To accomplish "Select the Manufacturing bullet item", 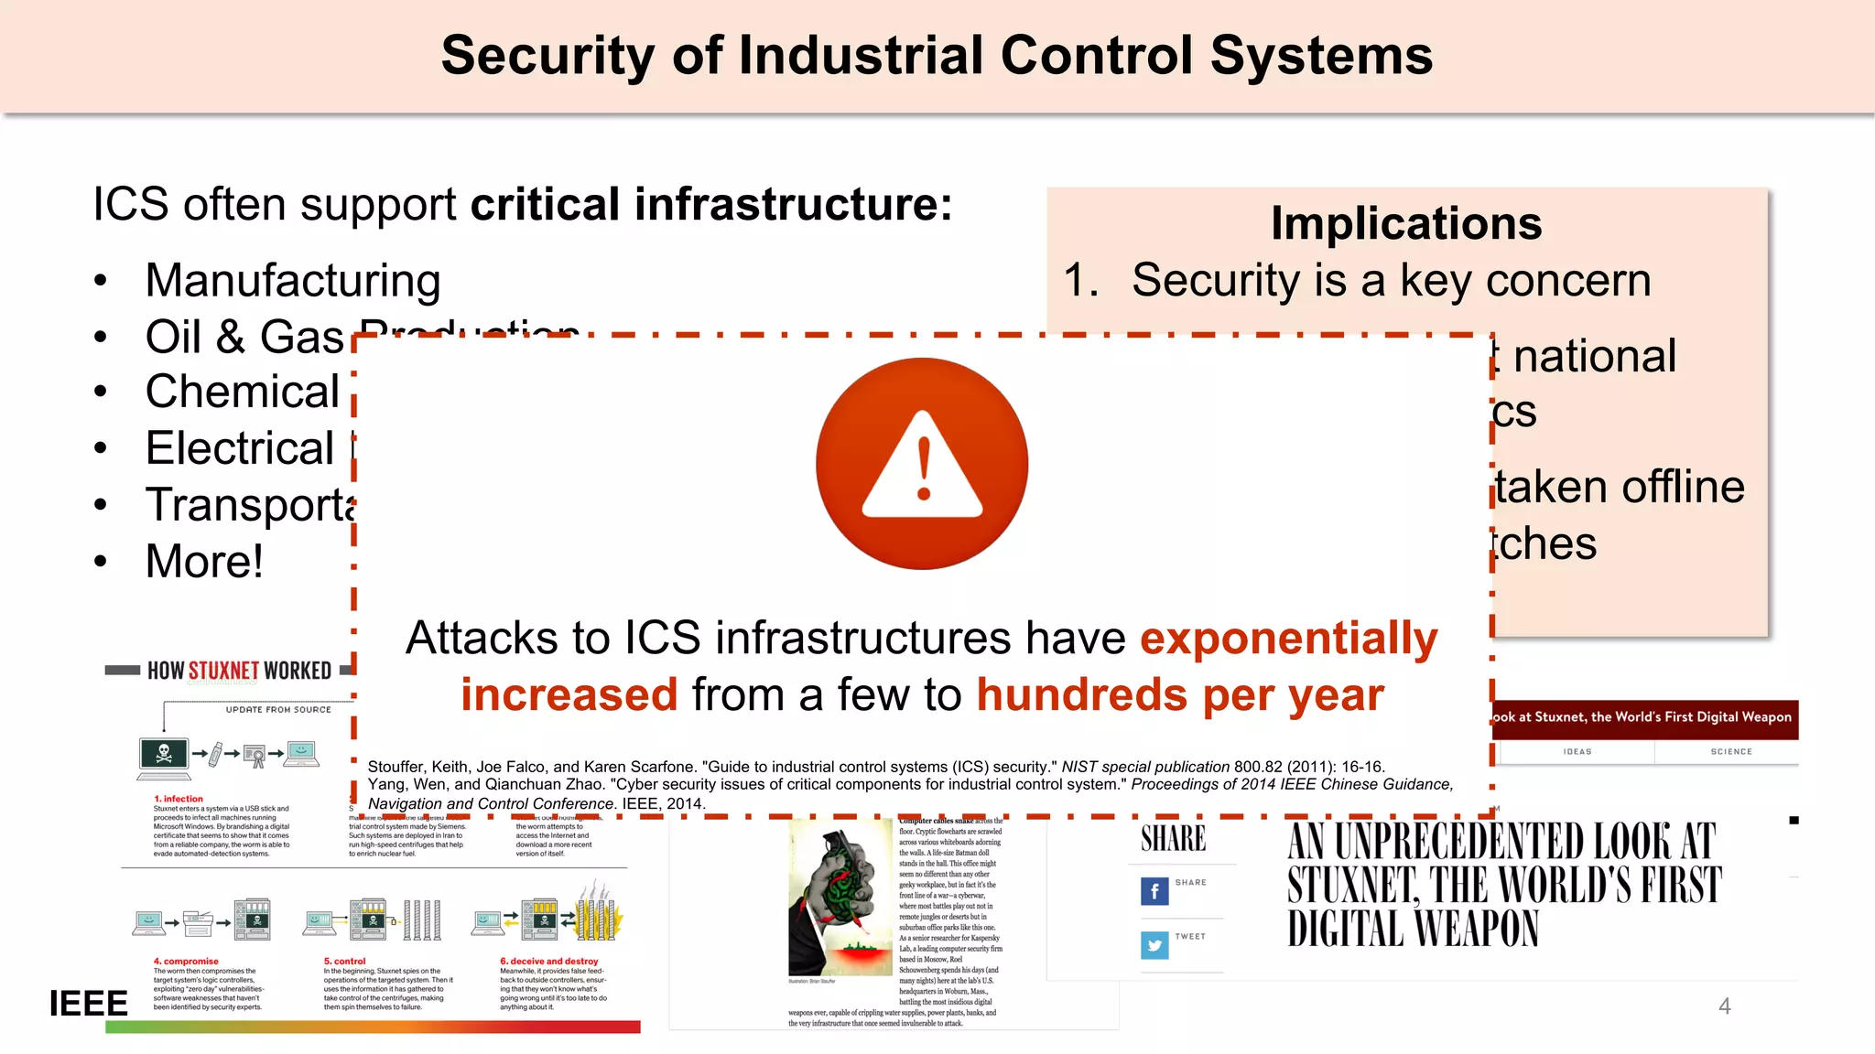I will pos(292,280).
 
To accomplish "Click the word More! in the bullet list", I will pos(204,561).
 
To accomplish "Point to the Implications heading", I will pos(1406,223).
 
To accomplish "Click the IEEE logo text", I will pos(88,1004).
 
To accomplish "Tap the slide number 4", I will pos(1725,1006).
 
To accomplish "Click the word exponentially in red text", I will pos(1288,638).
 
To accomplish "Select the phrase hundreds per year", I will pos(1180,694).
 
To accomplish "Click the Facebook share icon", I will pos(1154,890).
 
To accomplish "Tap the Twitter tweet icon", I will pos(1154,944).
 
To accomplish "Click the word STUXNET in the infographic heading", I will pos(223,671).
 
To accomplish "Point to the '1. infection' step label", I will pos(179,799).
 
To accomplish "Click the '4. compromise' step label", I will pos(186,961).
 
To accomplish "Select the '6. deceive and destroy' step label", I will pos(548,961).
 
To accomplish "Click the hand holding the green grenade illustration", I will pos(838,892).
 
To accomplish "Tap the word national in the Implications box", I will pos(1594,356).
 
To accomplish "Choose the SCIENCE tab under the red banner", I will pos(1730,751).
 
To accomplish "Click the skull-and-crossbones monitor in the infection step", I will pos(164,755).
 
